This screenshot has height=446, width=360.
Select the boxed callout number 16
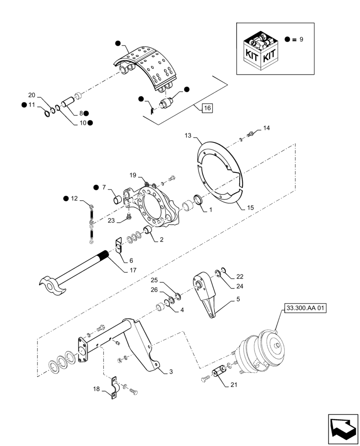207,108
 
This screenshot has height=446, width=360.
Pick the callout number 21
234,384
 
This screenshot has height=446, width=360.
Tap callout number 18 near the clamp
96,389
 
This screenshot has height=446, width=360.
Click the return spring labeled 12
91,223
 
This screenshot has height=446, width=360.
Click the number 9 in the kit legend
301,40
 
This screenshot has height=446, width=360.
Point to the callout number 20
32,95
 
